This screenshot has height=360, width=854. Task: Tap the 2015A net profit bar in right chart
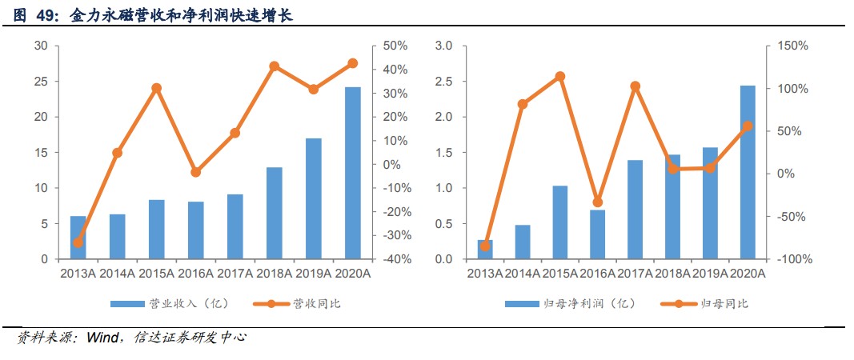(560, 222)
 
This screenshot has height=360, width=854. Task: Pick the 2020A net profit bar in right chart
(748, 172)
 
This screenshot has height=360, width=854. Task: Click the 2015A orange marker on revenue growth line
(157, 88)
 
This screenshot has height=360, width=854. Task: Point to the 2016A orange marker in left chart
(196, 172)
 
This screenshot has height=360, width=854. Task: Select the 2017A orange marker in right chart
(635, 86)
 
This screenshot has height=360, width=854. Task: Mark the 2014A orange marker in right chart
(523, 104)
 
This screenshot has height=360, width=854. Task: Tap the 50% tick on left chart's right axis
(395, 46)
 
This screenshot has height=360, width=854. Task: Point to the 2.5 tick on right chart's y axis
(444, 82)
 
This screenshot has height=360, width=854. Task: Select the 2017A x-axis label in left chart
(235, 274)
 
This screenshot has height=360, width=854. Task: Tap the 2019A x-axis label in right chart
(710, 274)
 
